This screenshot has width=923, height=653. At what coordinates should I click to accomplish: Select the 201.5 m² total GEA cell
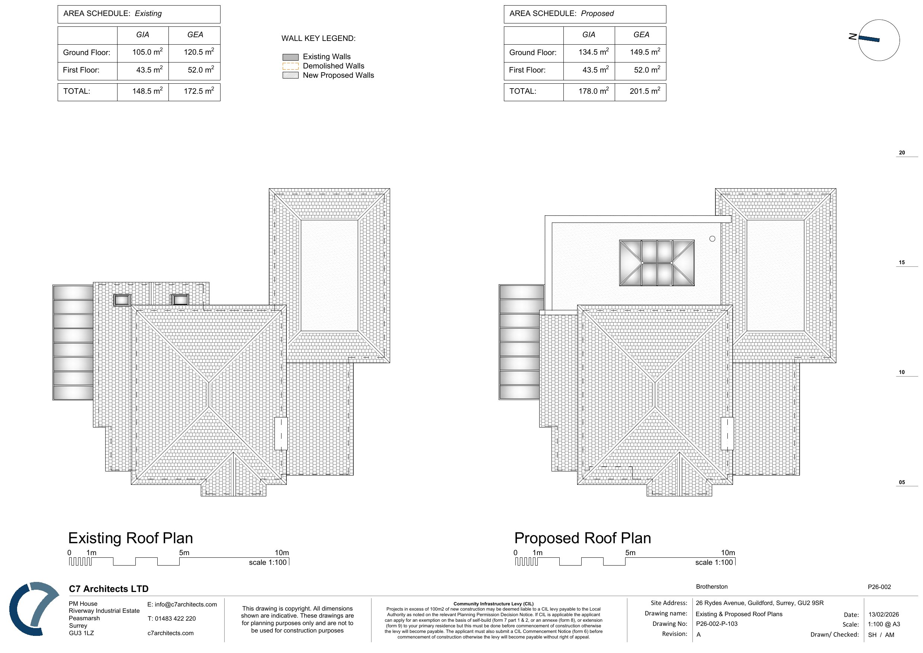pos(645,91)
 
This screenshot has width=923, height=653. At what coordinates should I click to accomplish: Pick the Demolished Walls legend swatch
pos(290,66)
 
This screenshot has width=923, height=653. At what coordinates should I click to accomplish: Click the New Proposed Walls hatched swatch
pos(290,75)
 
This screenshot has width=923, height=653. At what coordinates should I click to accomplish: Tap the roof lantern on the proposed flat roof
pos(656,263)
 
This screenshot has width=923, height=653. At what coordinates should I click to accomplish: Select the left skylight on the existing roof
pos(122,300)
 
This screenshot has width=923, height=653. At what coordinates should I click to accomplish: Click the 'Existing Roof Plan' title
pos(130,538)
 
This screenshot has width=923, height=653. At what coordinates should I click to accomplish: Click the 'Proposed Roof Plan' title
pos(582,538)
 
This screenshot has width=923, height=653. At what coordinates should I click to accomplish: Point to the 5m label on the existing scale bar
pos(184,553)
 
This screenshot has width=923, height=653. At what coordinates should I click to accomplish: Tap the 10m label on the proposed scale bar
pos(728,553)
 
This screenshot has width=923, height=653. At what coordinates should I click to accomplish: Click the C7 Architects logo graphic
pos(34,608)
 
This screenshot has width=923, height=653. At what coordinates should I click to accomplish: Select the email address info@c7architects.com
pos(182,604)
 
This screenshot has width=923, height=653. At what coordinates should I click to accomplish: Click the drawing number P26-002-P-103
pos(717,624)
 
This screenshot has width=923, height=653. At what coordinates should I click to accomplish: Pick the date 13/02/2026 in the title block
pos(884,614)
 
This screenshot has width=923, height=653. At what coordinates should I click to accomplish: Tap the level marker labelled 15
pos(902,262)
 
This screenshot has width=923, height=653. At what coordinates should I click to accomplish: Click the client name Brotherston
pos(711,587)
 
